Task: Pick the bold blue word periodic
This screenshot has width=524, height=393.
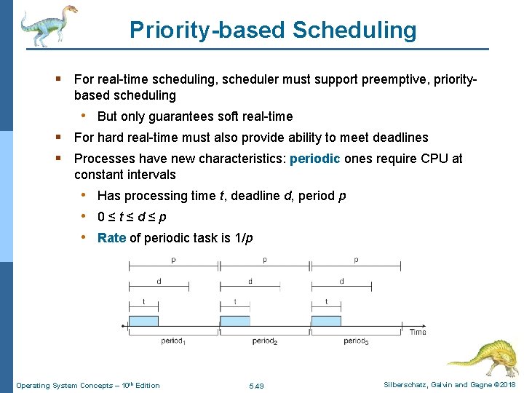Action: point(314,159)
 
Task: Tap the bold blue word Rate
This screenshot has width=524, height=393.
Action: point(111,238)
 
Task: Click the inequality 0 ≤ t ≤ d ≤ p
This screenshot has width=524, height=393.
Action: point(132,217)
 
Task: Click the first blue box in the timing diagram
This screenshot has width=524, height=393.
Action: point(143,322)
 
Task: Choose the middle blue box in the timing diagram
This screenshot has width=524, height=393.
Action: point(234,322)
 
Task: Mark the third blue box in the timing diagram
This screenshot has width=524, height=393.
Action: point(325,322)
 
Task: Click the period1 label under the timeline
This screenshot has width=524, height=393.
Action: point(173,341)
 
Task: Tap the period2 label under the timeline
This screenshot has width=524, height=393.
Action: point(264,341)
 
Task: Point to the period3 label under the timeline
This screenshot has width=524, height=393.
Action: point(355,341)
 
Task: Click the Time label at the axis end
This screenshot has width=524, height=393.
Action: point(418,332)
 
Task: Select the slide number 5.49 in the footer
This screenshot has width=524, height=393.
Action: point(256,385)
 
